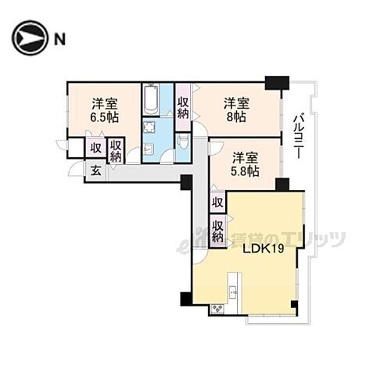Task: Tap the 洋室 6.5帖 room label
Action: click(104, 110)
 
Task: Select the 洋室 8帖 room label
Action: click(236, 110)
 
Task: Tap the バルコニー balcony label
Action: click(298, 136)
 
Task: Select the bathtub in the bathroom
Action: click(152, 100)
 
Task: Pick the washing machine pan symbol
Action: click(149, 128)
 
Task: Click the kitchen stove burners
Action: click(217, 309)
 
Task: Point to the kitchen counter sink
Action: click(232, 293)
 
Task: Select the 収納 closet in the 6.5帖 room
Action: click(116, 150)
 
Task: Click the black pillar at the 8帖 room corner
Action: click(276, 82)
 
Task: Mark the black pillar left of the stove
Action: click(186, 299)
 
